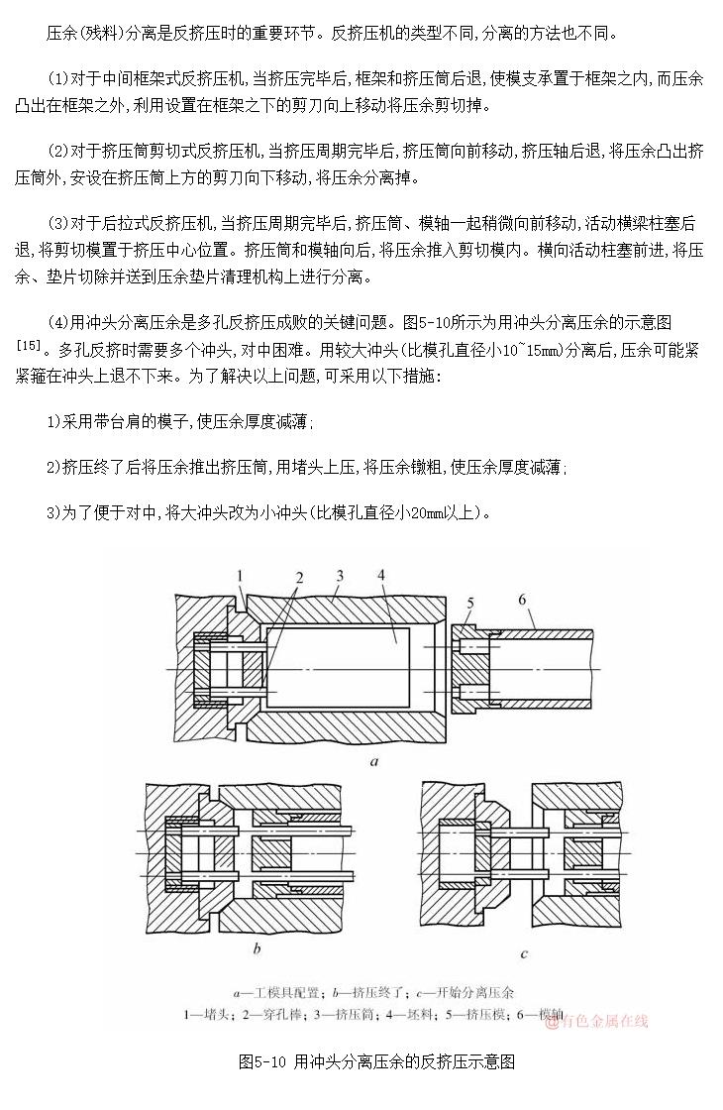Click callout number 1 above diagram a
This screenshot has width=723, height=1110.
click(239, 575)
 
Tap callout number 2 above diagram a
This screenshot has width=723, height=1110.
click(298, 578)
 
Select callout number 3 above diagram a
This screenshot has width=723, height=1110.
click(340, 575)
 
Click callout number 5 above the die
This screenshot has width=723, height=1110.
click(470, 602)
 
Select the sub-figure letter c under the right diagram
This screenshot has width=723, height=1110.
click(524, 953)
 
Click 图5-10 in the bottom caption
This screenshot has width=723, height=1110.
click(263, 1062)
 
